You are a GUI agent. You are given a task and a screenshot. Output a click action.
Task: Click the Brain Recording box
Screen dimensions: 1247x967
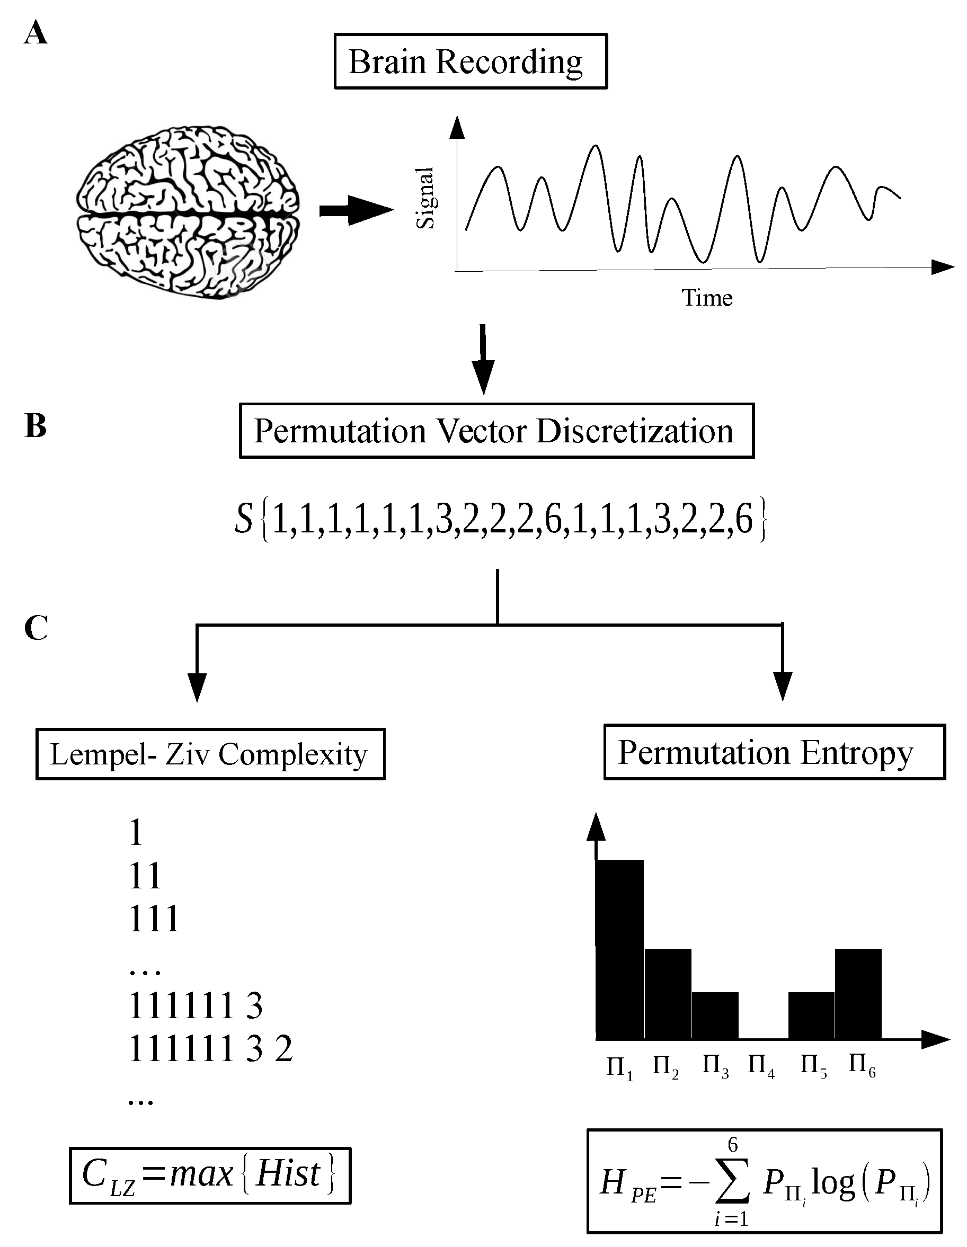coord(470,61)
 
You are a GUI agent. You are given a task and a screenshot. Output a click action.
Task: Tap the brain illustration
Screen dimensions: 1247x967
coord(188,212)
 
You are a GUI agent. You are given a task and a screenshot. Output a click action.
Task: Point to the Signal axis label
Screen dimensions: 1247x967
coord(425,198)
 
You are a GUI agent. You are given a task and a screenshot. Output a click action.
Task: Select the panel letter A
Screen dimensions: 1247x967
coord(36,33)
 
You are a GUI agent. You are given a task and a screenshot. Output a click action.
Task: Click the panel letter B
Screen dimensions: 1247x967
coord(36,426)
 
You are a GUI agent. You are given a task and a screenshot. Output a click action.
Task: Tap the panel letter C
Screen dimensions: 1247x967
coord(36,629)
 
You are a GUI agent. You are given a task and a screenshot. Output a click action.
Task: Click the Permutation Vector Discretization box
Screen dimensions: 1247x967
coord(496,431)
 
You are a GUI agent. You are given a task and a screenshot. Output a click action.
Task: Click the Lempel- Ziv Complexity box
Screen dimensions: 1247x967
coord(210,754)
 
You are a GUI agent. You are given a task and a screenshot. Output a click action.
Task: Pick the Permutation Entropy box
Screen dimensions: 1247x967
coord(775,753)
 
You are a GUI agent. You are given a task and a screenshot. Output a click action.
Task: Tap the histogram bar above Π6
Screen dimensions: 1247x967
coord(858,993)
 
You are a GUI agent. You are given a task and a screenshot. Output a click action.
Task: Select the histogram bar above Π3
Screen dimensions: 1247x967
coord(715,1015)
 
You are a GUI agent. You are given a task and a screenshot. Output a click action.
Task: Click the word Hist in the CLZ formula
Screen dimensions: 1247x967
coord(288,1174)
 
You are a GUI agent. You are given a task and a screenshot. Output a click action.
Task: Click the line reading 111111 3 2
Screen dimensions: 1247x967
coord(210,1049)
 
